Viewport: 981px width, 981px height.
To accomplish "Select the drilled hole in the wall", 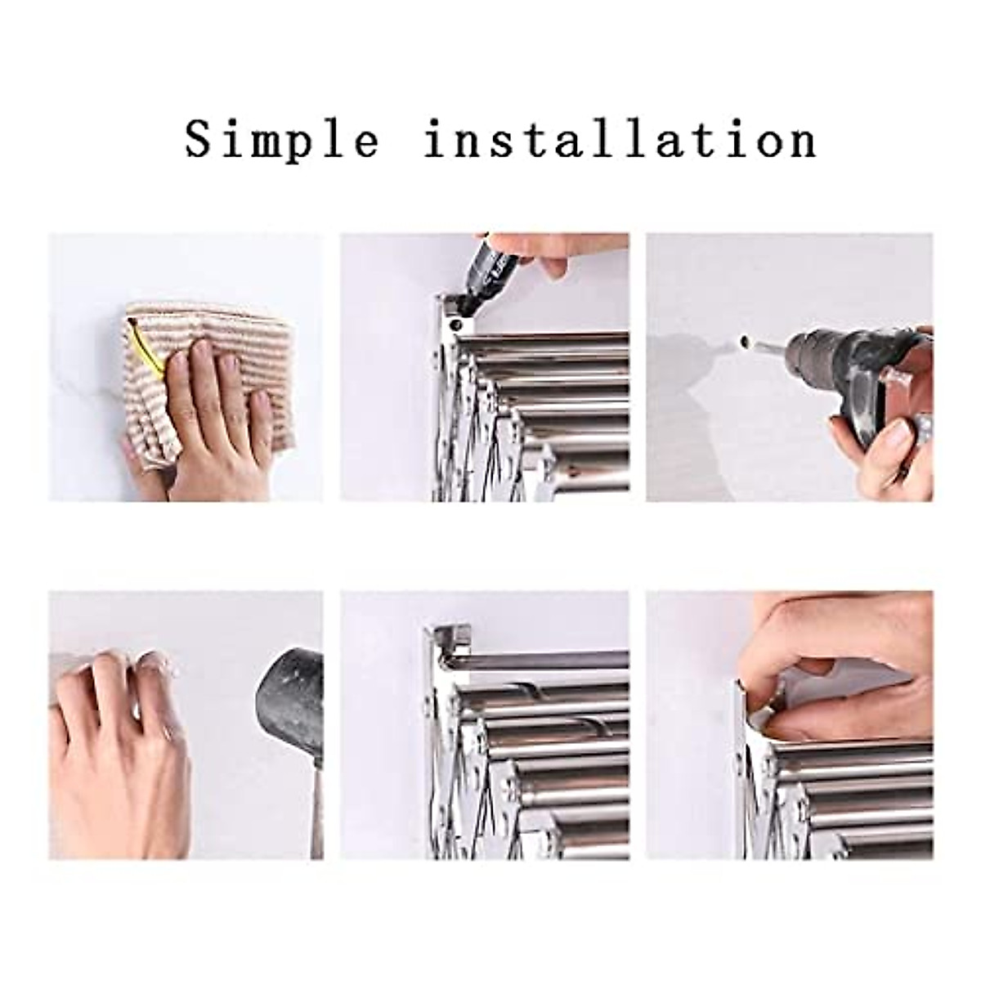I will pyautogui.click(x=746, y=339).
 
